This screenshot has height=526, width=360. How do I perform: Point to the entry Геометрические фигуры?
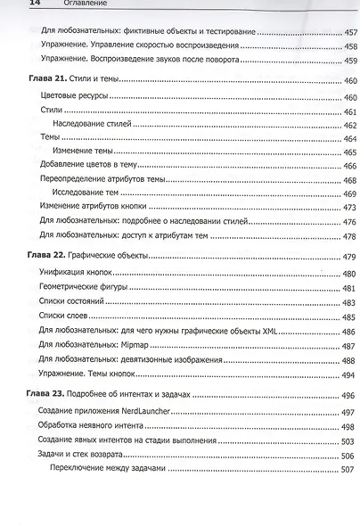click(x=85, y=289)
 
